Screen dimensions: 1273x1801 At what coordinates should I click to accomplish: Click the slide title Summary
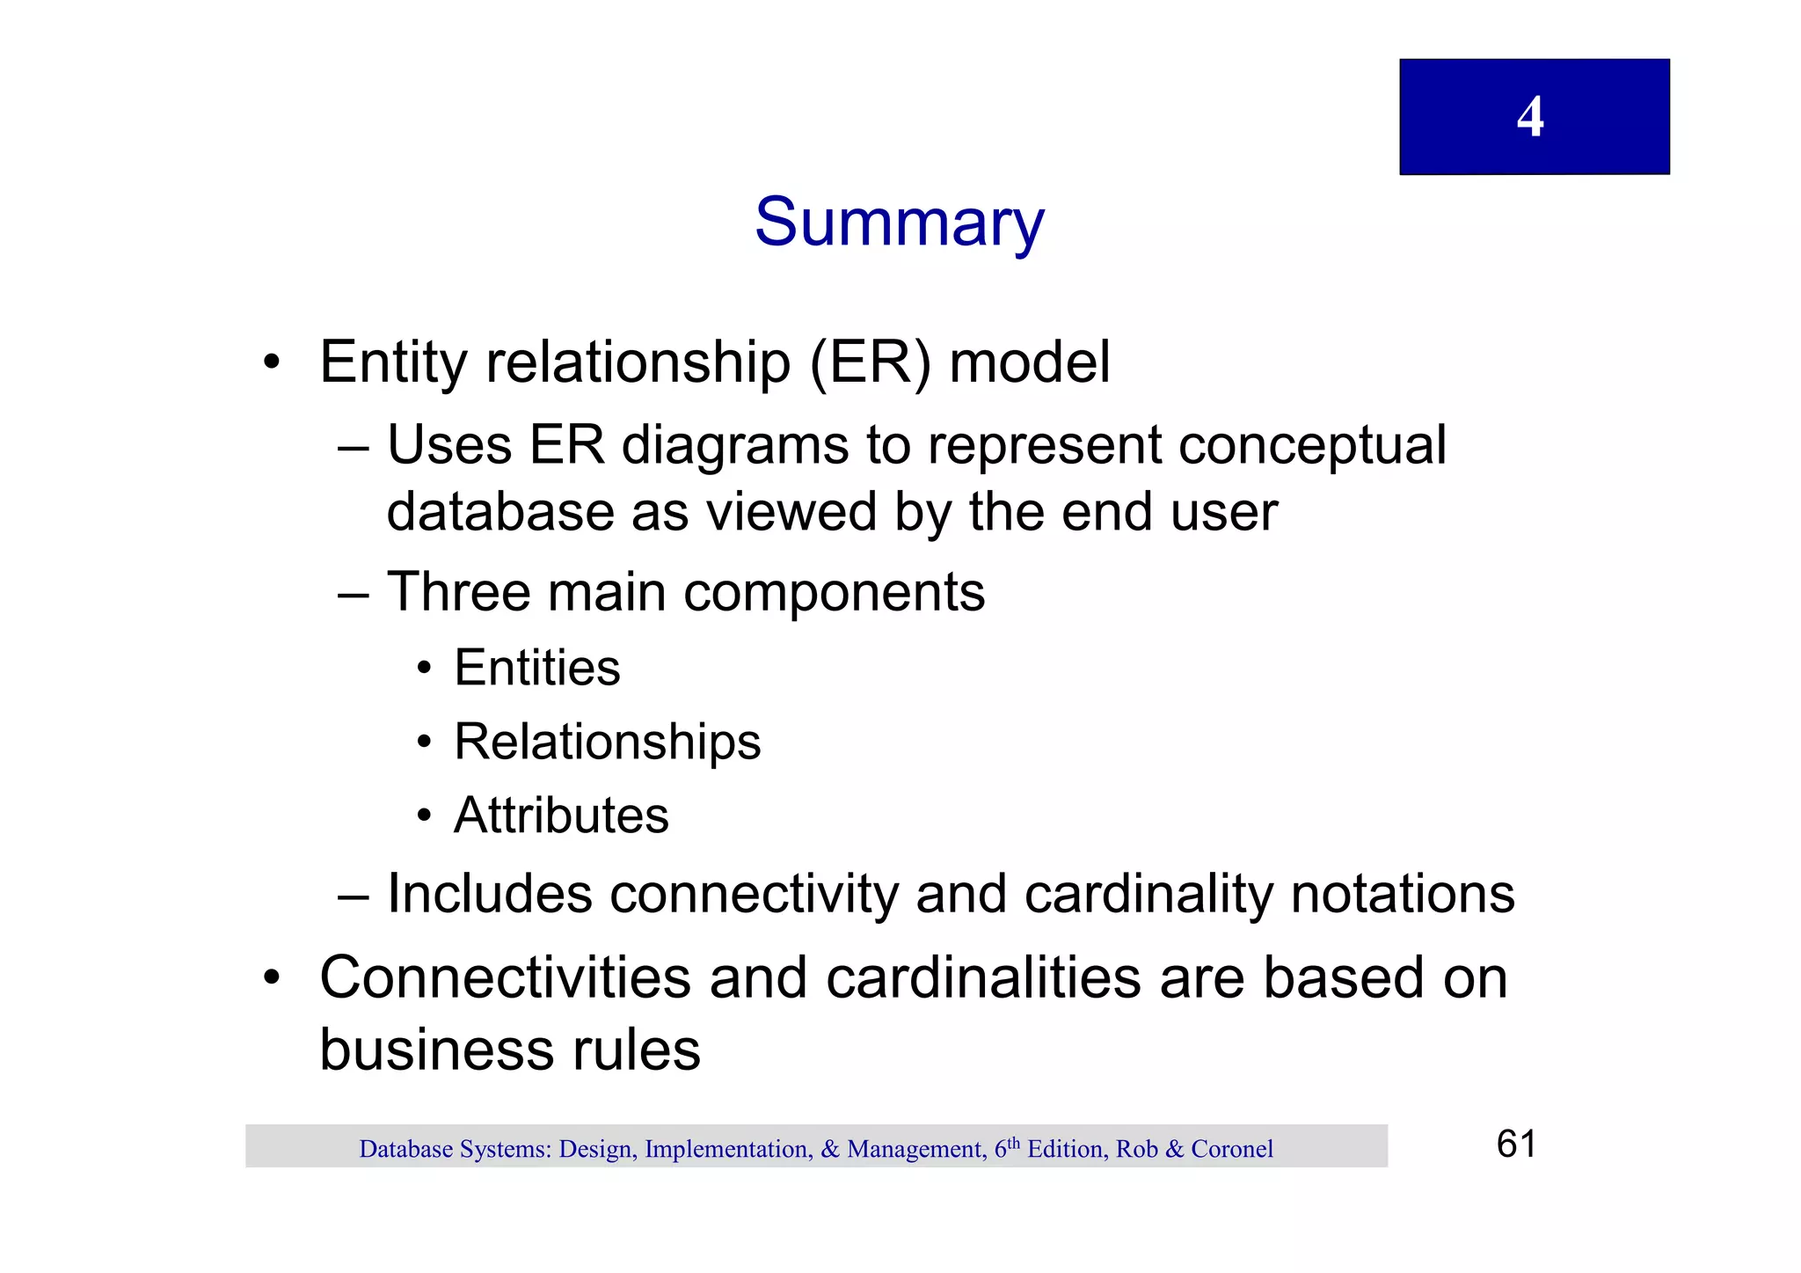coord(899,223)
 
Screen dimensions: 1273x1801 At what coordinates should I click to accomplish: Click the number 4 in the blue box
coord(1529,117)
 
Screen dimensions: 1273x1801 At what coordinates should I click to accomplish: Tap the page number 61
coord(1516,1144)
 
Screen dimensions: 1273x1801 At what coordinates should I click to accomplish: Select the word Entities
coord(536,667)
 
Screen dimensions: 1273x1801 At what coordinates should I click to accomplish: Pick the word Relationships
coord(607,742)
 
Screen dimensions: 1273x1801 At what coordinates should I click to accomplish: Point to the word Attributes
coord(561,815)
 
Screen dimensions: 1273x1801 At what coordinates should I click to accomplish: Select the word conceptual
coord(1311,446)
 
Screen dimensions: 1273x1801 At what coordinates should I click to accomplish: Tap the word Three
coord(458,591)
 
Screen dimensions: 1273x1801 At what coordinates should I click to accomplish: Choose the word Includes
coord(490,894)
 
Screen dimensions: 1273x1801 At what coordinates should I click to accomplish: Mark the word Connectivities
coord(505,977)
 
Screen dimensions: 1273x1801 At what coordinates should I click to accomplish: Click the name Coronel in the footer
coord(1231,1149)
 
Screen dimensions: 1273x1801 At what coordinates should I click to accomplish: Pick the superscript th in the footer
coord(1014,1143)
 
